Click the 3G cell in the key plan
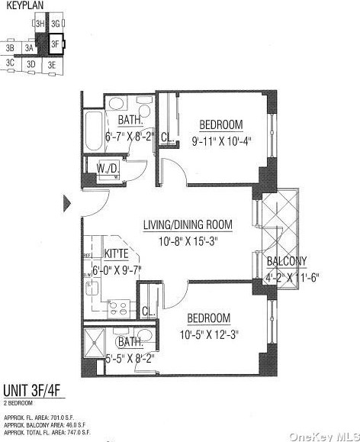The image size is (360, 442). coord(56,24)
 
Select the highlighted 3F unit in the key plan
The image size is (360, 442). coord(55,44)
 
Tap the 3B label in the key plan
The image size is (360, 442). coord(10,48)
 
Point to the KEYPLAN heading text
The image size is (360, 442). coord(22,6)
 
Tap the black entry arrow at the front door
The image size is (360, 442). coord(67,203)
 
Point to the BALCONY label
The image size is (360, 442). coord(286,262)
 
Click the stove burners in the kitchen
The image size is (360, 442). coord(119,308)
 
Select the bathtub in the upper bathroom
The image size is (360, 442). coord(93,133)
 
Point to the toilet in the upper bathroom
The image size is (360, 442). coord(115,104)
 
